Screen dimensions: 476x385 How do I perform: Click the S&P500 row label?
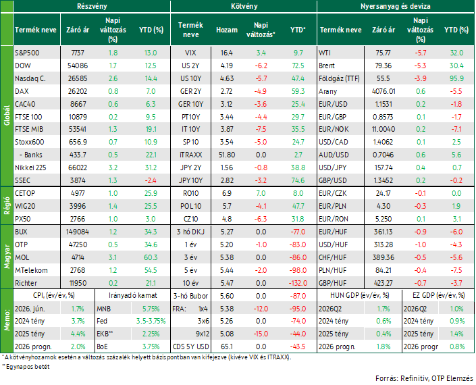coord(27,53)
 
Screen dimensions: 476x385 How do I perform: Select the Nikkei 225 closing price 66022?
coord(78,168)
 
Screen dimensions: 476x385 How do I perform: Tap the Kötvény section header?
coord(244,6)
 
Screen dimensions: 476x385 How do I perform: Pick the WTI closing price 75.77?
coord(383,53)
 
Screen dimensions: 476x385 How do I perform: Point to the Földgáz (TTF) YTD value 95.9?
coord(456,78)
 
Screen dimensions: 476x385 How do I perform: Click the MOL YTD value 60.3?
coord(151,257)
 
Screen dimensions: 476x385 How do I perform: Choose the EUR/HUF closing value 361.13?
coord(384,232)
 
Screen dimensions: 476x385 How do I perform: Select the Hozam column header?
coord(227,30)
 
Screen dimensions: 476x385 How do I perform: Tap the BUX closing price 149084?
coord(78,232)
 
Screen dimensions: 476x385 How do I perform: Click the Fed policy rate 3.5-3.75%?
coord(151,321)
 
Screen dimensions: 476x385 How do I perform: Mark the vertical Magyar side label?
coord(7,257)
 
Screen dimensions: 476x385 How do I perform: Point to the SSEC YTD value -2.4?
coord(151,180)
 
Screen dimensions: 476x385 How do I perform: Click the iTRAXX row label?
coord(190,155)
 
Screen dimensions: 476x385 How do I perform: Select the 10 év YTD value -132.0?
coord(298,283)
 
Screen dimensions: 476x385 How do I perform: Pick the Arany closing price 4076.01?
coord(384,91)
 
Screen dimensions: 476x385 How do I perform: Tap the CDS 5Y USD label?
coord(190,346)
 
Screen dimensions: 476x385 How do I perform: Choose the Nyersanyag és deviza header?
coord(395,6)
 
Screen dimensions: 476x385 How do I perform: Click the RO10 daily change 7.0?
coord(261,193)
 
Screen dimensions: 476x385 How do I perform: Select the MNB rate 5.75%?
coord(151,309)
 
